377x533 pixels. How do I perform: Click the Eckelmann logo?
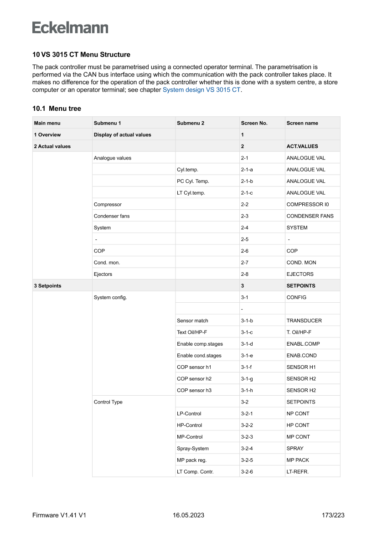70,28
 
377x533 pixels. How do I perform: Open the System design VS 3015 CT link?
201,90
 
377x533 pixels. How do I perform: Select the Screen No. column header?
254,123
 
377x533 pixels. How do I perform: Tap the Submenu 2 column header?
190,123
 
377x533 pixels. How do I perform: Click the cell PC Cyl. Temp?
193,181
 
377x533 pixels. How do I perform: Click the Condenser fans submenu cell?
112,216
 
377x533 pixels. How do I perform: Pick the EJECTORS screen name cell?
300,274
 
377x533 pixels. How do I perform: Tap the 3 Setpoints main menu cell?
47,286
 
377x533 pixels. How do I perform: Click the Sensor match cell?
192,321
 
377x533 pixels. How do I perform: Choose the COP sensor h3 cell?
194,390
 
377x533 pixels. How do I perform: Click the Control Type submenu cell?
108,402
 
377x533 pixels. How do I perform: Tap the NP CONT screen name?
298,414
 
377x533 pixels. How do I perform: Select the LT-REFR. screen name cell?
297,471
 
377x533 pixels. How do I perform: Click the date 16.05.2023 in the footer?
188,516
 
